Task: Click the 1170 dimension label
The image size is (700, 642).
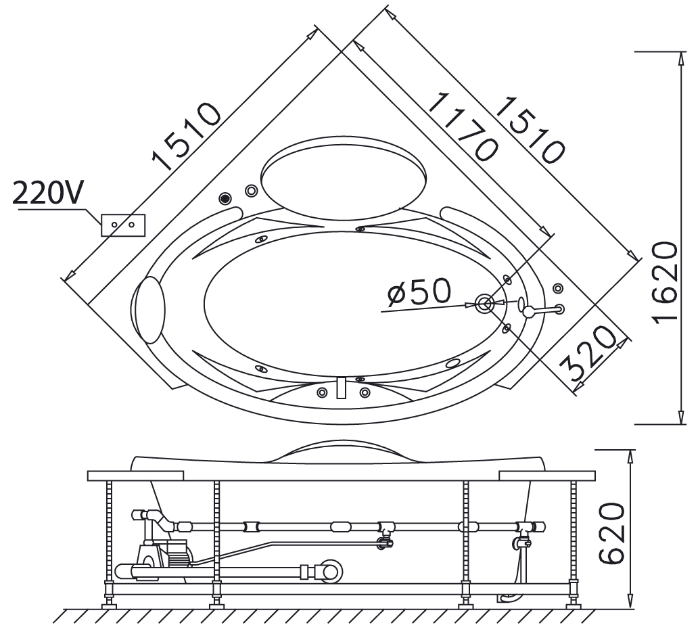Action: coord(463,127)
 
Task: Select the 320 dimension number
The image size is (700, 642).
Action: coord(588,355)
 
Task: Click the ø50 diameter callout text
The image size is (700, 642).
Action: coord(419,292)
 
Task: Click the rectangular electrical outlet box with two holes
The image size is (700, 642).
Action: coord(122,224)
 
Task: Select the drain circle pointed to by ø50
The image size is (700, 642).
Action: coord(484,304)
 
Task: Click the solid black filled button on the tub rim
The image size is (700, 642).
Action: coord(225,198)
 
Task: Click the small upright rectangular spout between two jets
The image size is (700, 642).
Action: coord(342,388)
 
